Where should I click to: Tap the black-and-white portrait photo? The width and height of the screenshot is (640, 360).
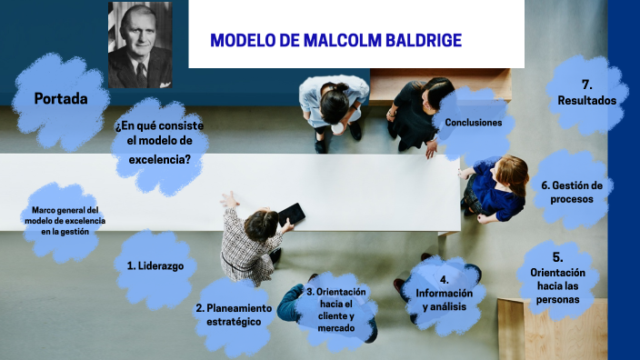tap(140, 45)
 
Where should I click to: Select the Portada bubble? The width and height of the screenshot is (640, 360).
tap(61, 98)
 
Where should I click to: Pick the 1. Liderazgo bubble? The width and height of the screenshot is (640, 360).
tap(155, 265)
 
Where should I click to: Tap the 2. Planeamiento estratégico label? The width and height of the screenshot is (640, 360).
tap(233, 315)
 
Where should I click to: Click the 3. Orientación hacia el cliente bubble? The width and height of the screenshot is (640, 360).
tap(335, 310)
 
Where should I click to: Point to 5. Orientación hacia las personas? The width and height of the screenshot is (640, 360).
tap(564, 279)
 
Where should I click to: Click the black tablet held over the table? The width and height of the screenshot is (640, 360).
tap(291, 214)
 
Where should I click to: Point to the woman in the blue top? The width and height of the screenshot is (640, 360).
tap(497, 188)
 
